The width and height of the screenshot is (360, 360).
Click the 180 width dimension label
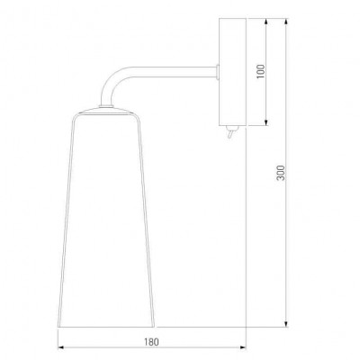pos(151,342)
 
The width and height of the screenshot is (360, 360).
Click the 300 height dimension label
pos(281,173)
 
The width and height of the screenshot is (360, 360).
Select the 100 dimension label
pos(261,71)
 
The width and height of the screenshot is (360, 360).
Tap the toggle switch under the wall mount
pos(231,132)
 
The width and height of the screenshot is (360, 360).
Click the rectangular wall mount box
pos(232,72)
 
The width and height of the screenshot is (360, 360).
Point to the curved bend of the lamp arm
pos(113,80)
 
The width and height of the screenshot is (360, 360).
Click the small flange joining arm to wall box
pos(218,73)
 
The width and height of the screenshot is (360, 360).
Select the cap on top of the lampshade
pos(106,111)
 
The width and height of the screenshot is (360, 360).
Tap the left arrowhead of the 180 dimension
pos(61,347)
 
